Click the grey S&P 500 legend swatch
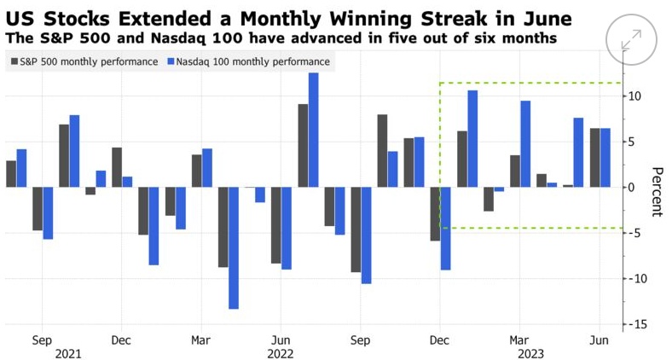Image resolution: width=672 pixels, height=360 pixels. pyautogui.click(x=13, y=61)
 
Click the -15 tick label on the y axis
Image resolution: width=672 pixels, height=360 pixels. pyautogui.click(x=636, y=324)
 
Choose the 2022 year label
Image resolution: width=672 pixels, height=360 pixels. pyautogui.click(x=281, y=352)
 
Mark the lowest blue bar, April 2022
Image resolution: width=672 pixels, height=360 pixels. pyautogui.click(x=234, y=247)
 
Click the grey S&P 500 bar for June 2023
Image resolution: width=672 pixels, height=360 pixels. pyautogui.click(x=594, y=158)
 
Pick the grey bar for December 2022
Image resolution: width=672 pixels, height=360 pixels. pyautogui.click(x=435, y=213)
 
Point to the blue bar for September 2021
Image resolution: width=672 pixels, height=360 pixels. pyautogui.click(x=48, y=212)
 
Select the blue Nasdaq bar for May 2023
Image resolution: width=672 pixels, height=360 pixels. pyautogui.click(x=578, y=152)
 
